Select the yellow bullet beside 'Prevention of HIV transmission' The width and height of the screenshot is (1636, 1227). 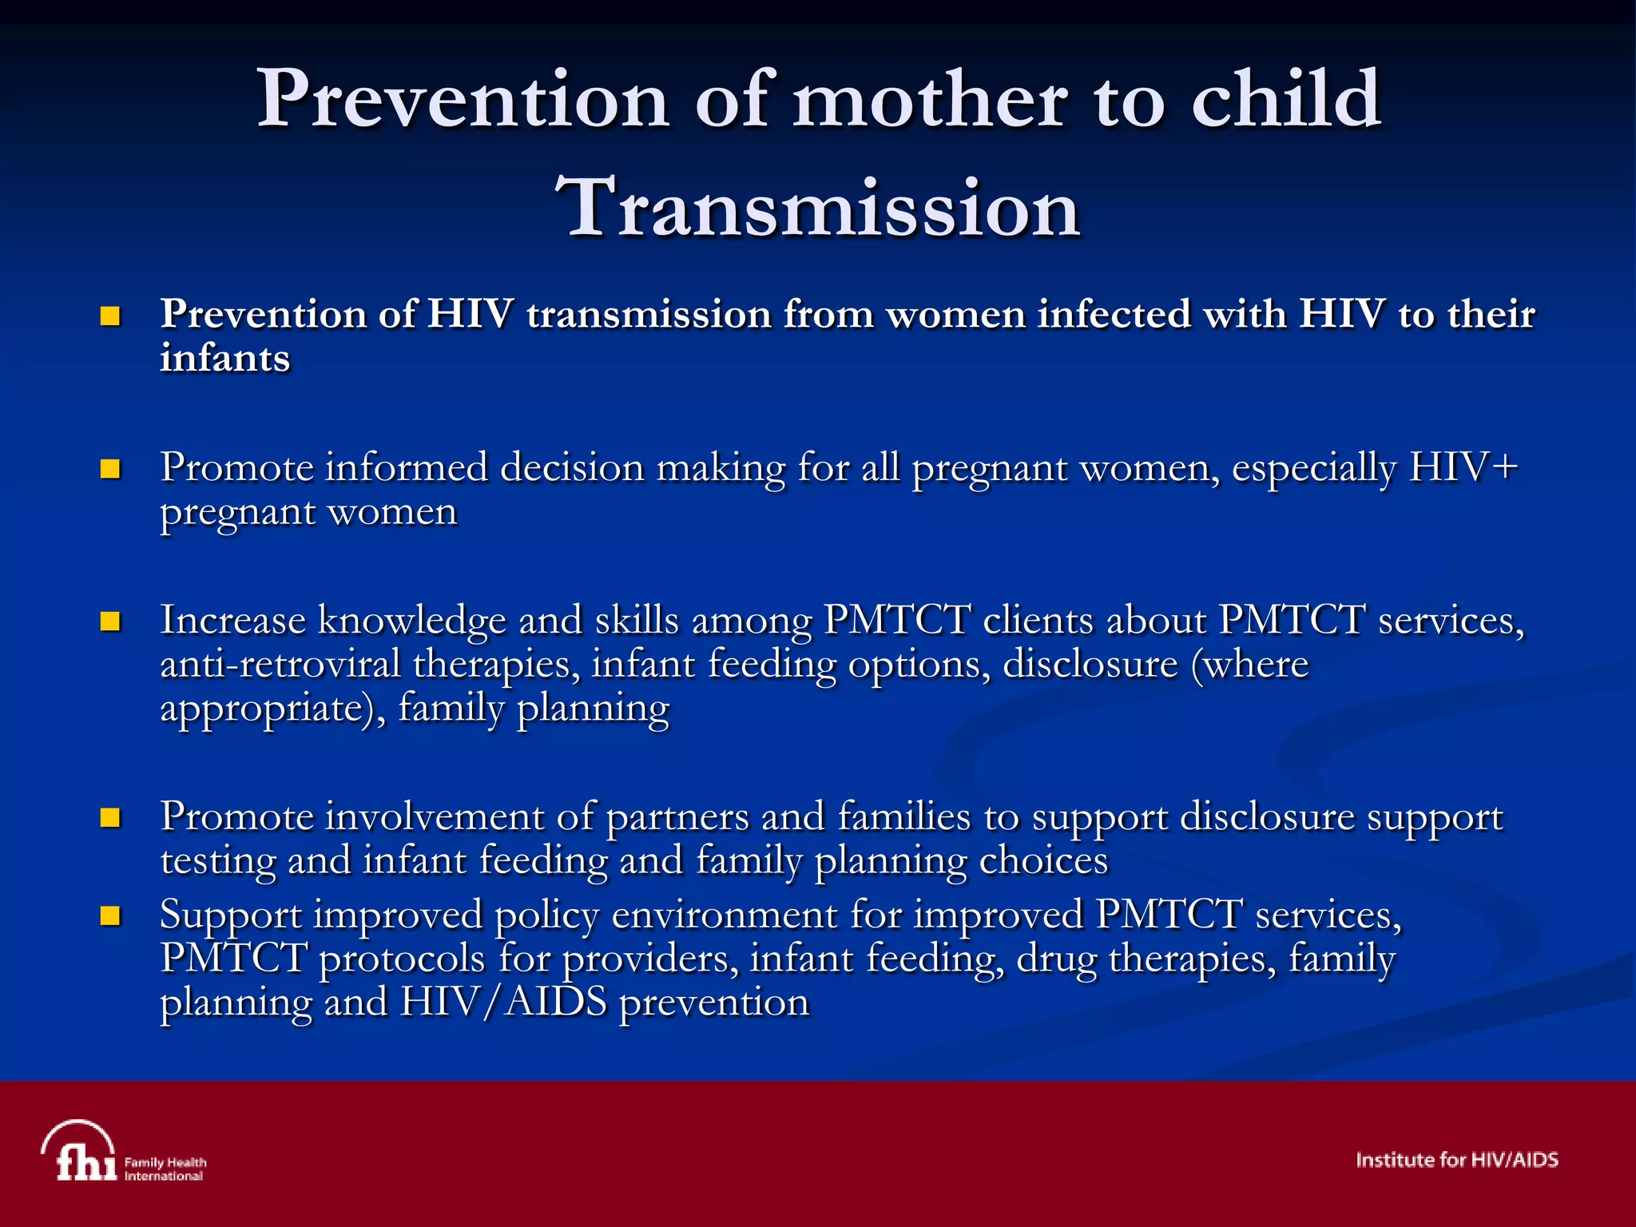[109, 316]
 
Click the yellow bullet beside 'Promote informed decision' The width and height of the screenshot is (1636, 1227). [109, 469]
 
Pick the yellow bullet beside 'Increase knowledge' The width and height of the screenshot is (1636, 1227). [109, 621]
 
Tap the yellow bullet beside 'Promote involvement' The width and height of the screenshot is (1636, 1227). [109, 818]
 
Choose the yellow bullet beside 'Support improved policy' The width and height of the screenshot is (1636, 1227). [109, 915]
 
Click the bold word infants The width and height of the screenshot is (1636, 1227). [224, 359]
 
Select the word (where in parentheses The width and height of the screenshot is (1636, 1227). [1249, 665]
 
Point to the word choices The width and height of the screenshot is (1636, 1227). [1043, 861]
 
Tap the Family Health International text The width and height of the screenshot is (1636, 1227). [165, 1169]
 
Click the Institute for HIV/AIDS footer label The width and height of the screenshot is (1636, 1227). [1456, 1160]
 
